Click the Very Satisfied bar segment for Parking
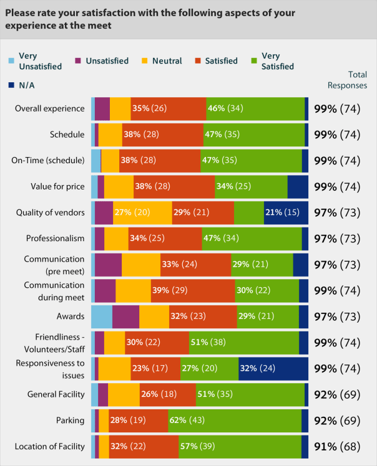point(235,421)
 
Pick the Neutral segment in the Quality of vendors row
point(142,212)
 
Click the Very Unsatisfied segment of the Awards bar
point(102,316)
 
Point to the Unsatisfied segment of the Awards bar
point(125,316)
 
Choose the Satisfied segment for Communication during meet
point(193,290)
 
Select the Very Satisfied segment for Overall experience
point(255,108)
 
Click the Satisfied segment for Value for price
point(174,186)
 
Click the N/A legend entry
point(22,85)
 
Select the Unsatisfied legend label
point(107,61)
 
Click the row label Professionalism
point(55,239)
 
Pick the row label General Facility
point(56,394)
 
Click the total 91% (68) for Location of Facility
point(340,447)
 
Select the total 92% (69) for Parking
point(340,421)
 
